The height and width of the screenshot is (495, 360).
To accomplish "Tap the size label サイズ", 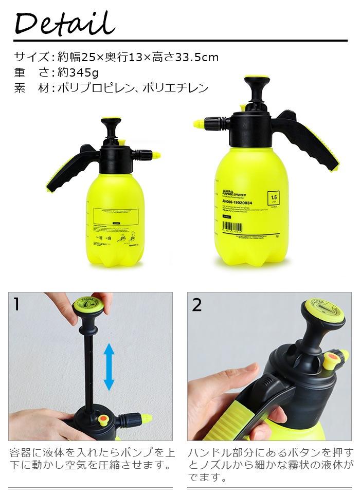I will [x=31, y=57].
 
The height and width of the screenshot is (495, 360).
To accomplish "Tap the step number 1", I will [x=17, y=304].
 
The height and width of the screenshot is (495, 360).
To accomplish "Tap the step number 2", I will [x=197, y=304].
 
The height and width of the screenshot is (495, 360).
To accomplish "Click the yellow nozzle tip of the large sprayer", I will [x=197, y=123].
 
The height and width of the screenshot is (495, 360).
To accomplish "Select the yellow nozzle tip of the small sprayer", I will [x=155, y=155].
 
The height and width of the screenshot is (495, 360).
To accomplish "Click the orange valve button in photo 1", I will [x=103, y=420].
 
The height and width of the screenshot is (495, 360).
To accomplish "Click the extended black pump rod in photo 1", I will [x=88, y=370].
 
